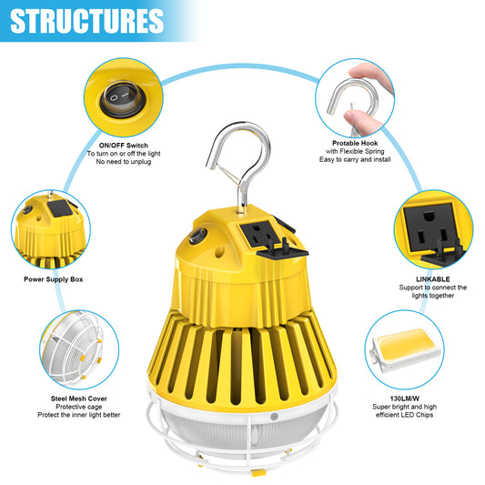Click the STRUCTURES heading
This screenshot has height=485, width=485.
tap(86, 20)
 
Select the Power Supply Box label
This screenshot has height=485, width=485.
tap(53, 279)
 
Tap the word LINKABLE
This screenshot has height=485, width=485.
tap(434, 278)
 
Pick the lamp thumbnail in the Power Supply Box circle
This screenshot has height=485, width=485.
tap(51, 227)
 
